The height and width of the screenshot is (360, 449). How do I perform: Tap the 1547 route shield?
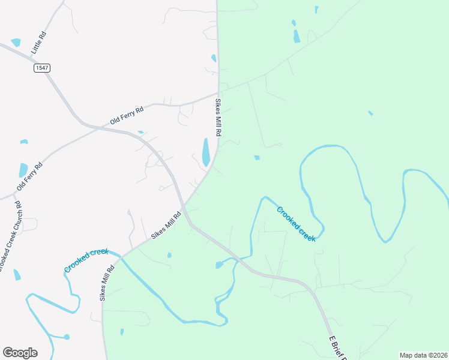point(41,68)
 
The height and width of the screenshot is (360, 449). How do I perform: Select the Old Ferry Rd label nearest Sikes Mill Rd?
point(127,116)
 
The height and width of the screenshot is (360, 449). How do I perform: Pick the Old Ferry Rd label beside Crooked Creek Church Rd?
point(29,176)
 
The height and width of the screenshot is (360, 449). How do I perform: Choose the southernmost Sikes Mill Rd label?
point(107,283)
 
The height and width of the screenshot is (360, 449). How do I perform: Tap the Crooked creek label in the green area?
point(296,223)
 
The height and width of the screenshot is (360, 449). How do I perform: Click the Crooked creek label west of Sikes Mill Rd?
point(88,260)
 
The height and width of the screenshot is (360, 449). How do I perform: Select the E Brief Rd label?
point(338,348)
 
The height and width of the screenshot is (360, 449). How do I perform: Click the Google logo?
point(20,353)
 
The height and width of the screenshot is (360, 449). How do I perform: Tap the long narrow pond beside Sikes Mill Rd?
point(206,152)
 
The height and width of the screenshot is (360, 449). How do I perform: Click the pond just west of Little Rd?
point(16,43)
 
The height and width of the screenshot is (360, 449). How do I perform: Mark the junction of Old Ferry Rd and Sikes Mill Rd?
point(217,94)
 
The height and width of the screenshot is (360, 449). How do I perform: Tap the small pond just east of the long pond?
point(257,158)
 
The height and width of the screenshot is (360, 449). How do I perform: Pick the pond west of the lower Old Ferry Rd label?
point(23,170)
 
